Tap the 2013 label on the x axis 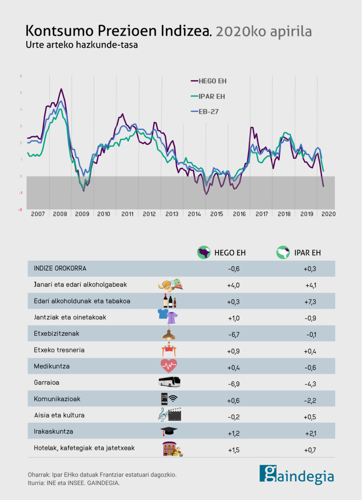coord(172,214)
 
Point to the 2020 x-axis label coord(329,214)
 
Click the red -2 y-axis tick coord(20,210)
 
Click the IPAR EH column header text coord(307,253)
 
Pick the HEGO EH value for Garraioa coord(233,384)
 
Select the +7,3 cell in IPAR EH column coord(310,302)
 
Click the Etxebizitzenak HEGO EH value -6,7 coord(234,335)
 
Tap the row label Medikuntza coord(52,366)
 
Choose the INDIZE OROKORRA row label coord(60,268)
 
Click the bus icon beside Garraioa coord(169,382)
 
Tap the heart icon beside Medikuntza coord(169,365)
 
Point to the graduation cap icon coord(169,432)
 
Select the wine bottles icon coord(169,301)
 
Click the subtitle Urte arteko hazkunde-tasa coord(81,45)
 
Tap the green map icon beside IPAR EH coord(283,253)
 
